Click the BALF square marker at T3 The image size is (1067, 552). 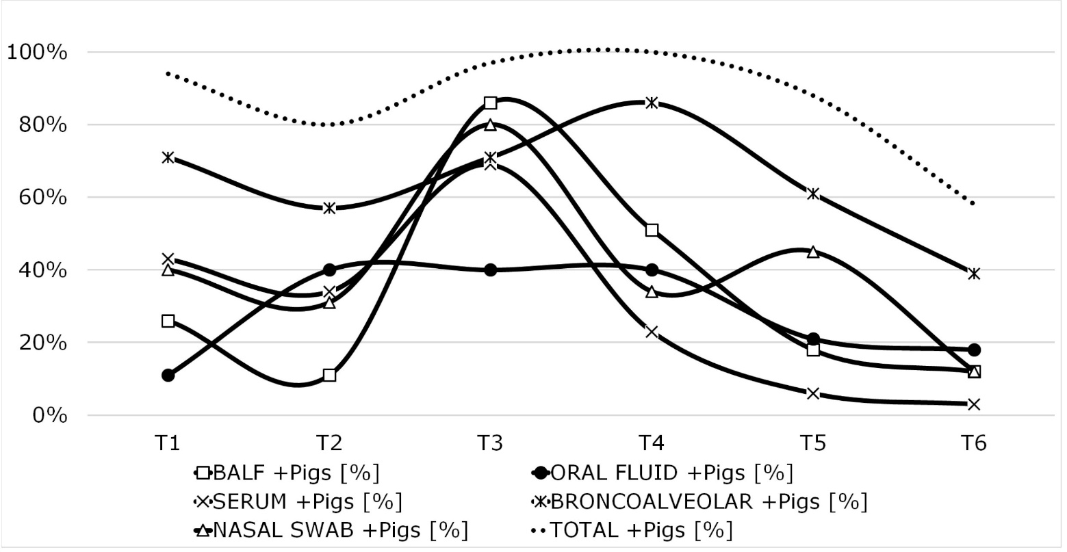point(490,103)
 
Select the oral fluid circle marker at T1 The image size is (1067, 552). point(168,375)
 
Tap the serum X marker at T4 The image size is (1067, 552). point(652,332)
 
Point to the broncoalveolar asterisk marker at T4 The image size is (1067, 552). point(652,103)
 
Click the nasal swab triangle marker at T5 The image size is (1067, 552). point(813,252)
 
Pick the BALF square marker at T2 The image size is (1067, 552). point(329,375)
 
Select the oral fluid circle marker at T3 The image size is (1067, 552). point(490,270)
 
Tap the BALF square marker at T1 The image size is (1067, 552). point(168,321)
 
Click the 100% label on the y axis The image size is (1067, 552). point(37,52)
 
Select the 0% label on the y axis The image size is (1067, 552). point(47,415)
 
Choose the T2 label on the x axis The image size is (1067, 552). point(329,443)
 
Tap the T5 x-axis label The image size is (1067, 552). point(813,443)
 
